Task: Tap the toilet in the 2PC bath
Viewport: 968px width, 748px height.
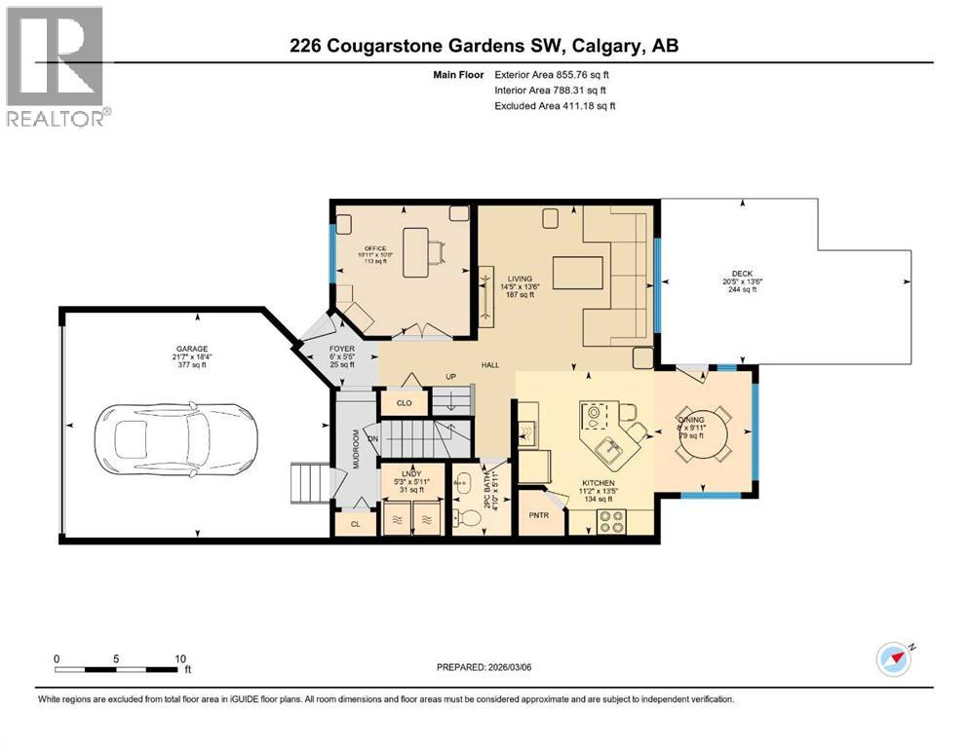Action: [468, 517]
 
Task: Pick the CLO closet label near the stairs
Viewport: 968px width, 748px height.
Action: [404, 401]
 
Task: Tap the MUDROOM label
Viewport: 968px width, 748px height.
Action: [357, 451]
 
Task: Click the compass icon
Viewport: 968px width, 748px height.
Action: [893, 658]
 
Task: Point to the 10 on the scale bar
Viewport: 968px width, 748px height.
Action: [180, 658]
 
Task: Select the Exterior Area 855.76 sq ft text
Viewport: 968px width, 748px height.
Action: [556, 74]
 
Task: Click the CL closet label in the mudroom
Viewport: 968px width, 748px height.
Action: [355, 524]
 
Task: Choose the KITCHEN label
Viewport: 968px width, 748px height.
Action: [598, 481]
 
